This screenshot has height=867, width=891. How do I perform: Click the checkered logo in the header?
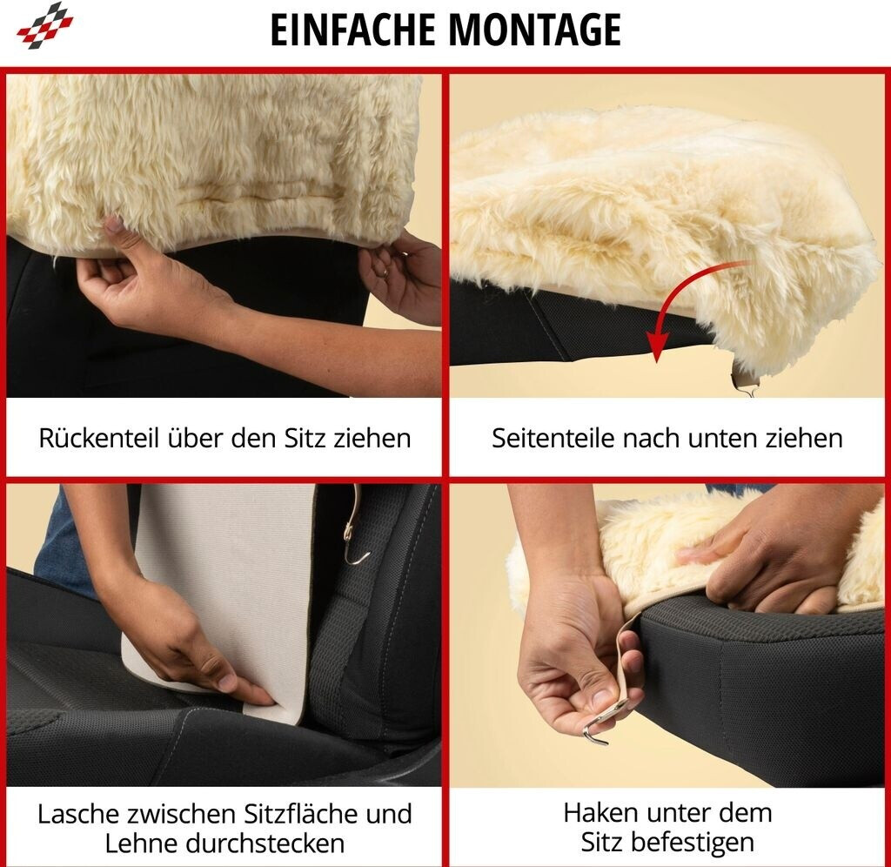(x=45, y=25)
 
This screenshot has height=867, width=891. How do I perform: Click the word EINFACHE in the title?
(x=352, y=30)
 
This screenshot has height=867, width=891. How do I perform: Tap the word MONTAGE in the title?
(x=535, y=30)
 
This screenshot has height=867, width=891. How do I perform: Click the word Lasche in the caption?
(x=79, y=814)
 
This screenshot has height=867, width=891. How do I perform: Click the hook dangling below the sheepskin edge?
(x=746, y=386)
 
